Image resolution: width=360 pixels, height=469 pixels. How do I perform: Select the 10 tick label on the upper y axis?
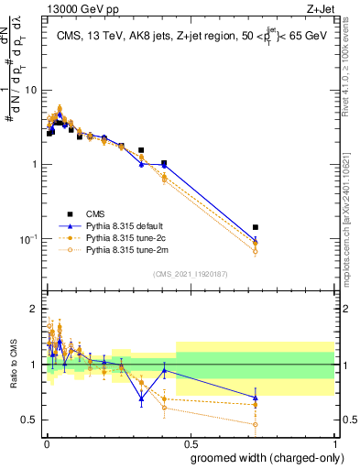pyautogui.click(x=29, y=90)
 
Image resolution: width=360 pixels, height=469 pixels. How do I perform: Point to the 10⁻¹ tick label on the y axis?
pyautogui.click(x=27, y=239)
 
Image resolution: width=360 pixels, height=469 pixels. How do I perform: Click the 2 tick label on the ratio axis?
pyautogui.click(x=33, y=307)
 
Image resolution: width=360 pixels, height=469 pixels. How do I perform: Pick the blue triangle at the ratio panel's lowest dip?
pyautogui.click(x=141, y=398)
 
